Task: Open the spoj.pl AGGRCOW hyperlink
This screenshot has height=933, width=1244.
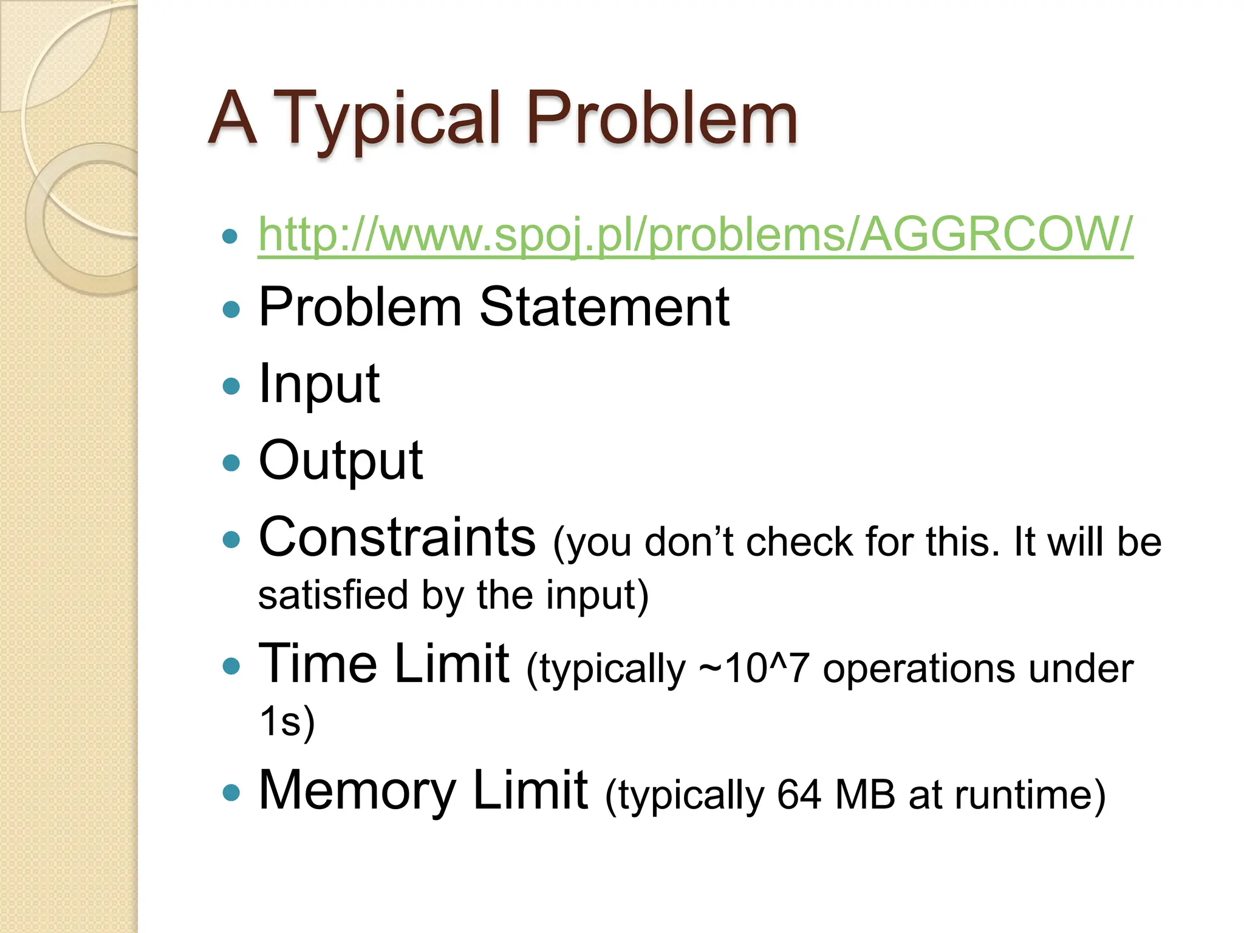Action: (x=695, y=234)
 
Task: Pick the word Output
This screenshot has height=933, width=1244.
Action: (x=340, y=461)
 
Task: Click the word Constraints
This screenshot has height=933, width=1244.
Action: (x=397, y=537)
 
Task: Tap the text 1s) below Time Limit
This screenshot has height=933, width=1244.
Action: (x=287, y=721)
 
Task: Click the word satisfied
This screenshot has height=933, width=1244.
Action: (x=333, y=595)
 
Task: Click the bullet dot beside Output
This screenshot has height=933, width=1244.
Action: (x=231, y=463)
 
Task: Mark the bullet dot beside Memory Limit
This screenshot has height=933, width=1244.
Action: (x=231, y=792)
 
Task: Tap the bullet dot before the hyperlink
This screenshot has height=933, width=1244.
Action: (x=230, y=236)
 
